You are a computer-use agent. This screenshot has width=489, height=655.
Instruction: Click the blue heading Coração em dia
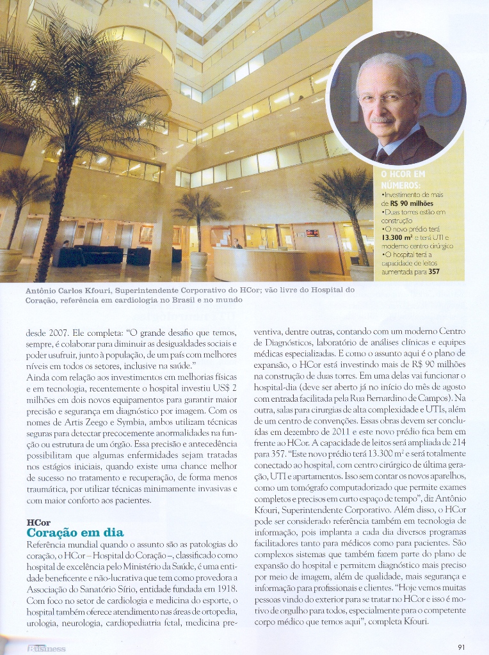pyautogui.click(x=75, y=533)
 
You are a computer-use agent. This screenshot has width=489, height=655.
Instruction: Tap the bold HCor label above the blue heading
pyautogui.click(x=38, y=522)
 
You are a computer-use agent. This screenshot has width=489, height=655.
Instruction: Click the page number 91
pyautogui.click(x=461, y=647)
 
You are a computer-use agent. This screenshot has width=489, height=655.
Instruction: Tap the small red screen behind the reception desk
pyautogui.click(x=312, y=233)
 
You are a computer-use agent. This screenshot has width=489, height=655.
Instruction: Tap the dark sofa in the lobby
pyautogui.click(x=99, y=254)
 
